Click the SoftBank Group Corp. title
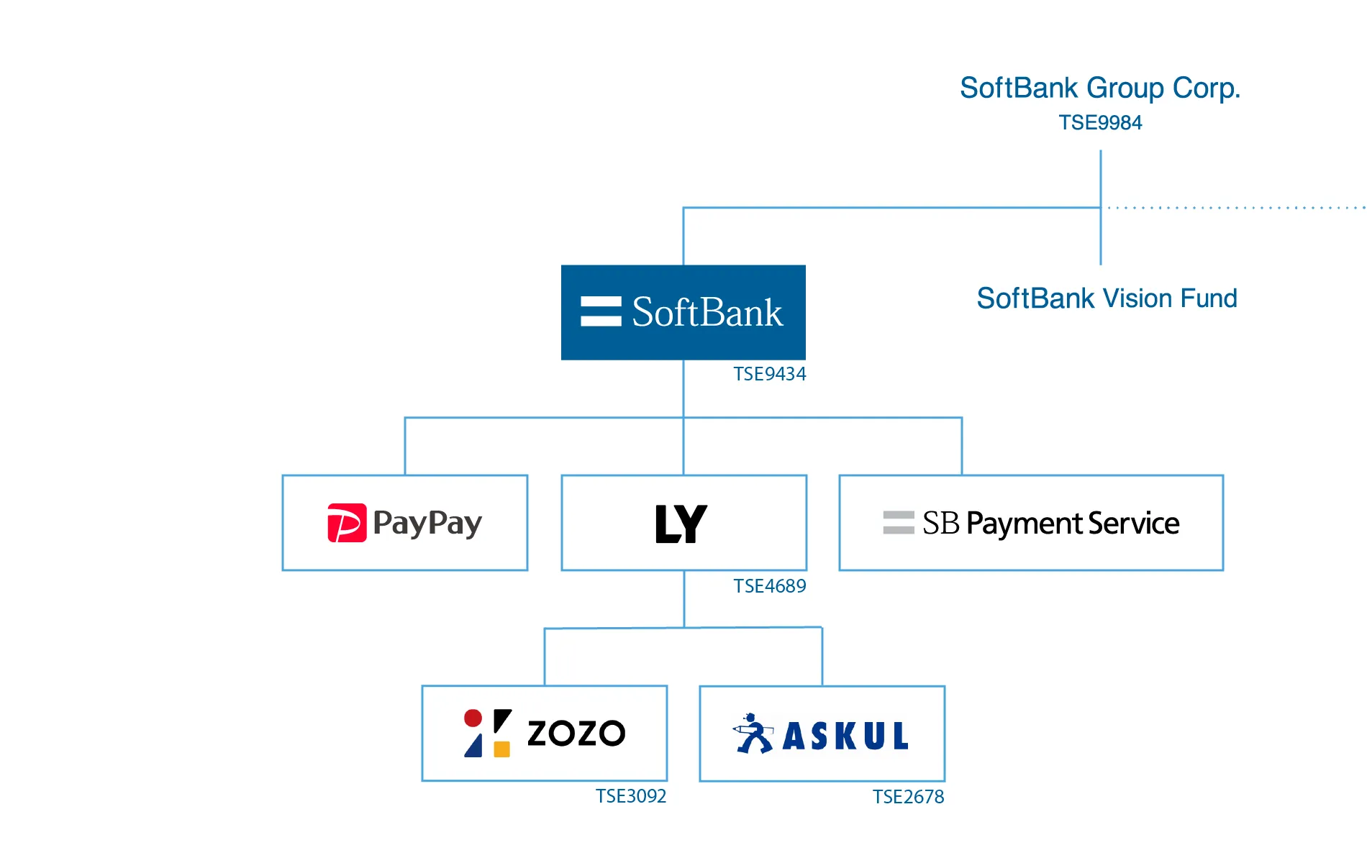[1099, 88]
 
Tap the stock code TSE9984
[1099, 123]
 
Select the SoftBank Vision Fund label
[1107, 298]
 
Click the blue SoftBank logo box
[683, 312]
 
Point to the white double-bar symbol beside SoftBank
[601, 311]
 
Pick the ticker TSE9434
[769, 374]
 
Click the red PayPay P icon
[347, 523]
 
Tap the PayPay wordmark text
[427, 523]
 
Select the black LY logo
[681, 524]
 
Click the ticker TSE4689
[769, 586]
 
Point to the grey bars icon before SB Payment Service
[899, 523]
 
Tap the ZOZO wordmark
[576, 734]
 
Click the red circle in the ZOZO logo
[473, 718]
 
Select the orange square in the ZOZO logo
[502, 749]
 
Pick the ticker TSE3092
[630, 796]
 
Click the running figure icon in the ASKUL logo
[753, 734]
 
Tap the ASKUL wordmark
[845, 736]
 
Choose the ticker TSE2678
[908, 797]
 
